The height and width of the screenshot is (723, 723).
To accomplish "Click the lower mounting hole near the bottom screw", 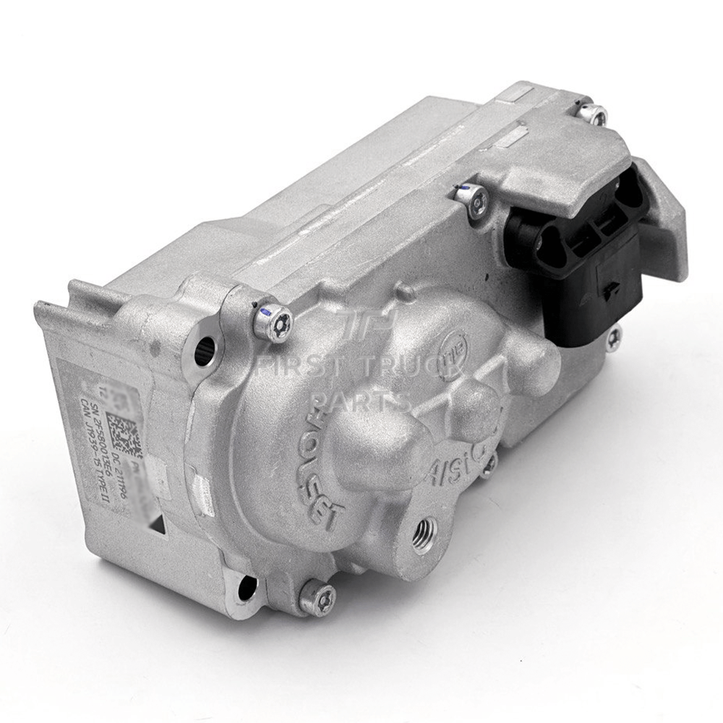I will pos(249,585).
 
